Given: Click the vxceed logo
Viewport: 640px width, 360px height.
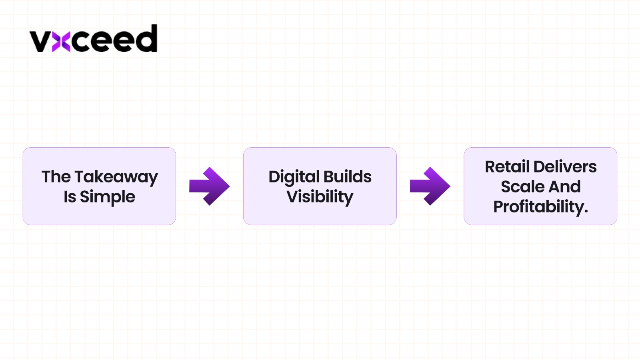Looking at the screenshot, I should tap(94, 39).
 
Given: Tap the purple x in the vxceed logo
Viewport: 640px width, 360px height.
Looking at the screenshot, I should tap(61, 42).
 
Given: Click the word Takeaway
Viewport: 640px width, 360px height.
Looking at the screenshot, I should tap(116, 177).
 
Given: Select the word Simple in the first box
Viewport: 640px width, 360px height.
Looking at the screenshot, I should tap(107, 197).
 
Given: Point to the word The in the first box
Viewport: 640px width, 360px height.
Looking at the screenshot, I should tap(56, 177).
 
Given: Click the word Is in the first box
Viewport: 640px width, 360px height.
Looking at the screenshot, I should tap(70, 197).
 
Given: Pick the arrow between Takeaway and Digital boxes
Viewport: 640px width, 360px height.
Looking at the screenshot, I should tap(209, 186).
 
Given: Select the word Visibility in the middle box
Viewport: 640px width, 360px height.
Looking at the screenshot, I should tap(320, 197).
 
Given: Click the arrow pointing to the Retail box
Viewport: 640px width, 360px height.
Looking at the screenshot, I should tap(430, 186).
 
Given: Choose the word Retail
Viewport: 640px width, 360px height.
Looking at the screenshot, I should tap(507, 167).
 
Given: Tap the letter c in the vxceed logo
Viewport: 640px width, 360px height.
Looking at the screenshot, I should tap(82, 42).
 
